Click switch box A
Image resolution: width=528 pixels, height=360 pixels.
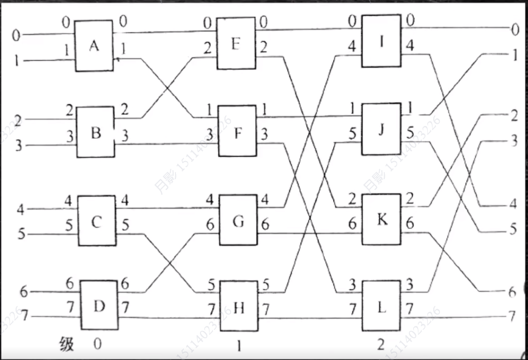(94, 46)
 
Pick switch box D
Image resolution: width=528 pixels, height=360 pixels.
(98, 305)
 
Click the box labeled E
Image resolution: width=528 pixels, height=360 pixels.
(236, 43)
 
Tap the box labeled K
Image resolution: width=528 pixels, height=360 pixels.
(382, 219)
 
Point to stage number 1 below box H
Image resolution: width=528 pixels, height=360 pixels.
(238, 346)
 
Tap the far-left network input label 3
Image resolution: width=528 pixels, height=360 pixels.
(18, 146)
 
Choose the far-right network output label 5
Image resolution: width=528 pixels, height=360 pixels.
(513, 228)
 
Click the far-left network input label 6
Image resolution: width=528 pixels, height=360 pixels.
(23, 291)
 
